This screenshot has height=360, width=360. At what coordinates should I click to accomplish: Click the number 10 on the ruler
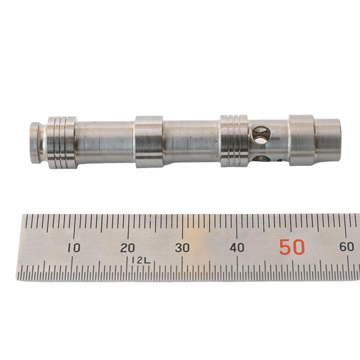(73, 248)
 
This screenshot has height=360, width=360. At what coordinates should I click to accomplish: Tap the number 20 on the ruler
(128, 248)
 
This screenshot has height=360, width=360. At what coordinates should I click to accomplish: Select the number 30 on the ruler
(182, 248)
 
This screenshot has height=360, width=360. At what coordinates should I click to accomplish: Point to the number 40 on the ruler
(237, 248)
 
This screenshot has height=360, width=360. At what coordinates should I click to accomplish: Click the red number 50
(292, 247)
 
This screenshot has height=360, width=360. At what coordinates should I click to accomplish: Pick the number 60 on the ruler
(346, 247)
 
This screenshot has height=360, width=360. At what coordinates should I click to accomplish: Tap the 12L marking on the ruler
(141, 261)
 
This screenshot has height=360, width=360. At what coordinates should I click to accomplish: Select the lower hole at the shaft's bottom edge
(261, 159)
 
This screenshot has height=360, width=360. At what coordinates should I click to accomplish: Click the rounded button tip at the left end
(38, 143)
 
